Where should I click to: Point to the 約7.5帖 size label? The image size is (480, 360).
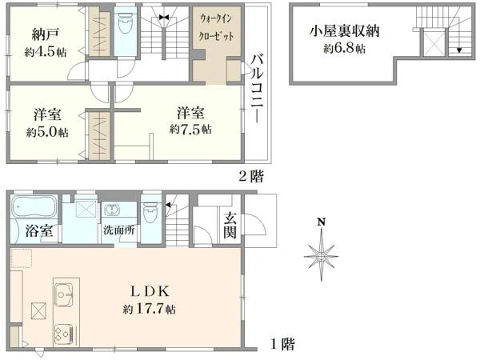point(190,128)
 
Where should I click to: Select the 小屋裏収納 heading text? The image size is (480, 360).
point(346,32)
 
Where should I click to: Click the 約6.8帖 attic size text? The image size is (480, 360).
point(344,49)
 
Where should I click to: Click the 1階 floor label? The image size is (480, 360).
point(282,345)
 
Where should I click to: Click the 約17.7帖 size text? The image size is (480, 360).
point(150,309)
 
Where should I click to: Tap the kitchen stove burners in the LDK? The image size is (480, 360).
point(62,333)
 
